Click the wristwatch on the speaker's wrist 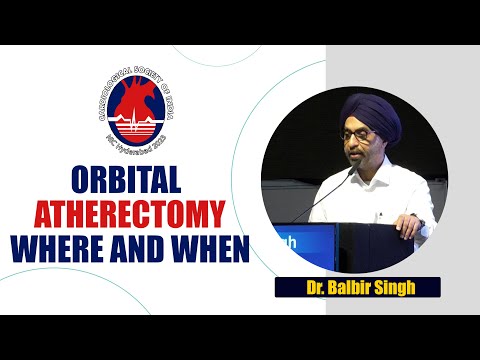421,222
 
